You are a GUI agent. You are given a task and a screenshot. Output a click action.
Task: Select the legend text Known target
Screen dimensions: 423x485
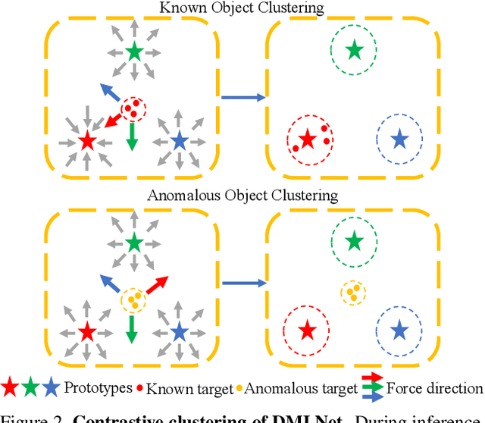pos(189,389)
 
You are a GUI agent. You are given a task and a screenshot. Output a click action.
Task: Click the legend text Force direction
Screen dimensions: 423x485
pos(434,389)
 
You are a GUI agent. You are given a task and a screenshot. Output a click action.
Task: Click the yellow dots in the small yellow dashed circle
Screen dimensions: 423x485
pos(352,291)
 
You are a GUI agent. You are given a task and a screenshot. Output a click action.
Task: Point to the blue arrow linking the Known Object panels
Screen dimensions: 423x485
pos(242,97)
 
